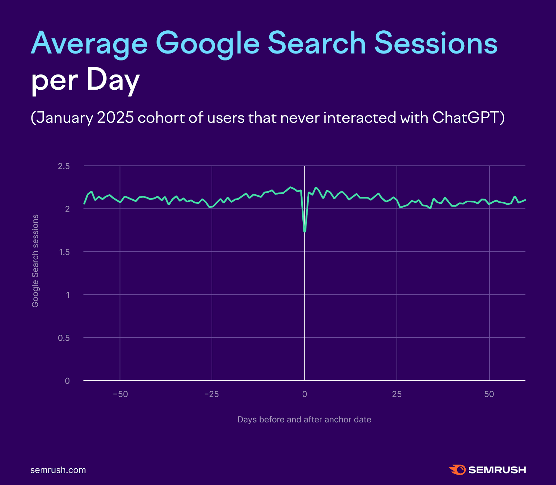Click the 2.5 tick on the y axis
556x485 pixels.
(x=64, y=166)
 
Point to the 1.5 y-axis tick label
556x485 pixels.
(x=64, y=252)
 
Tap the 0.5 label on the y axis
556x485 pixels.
(x=64, y=338)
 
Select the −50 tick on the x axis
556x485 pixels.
(x=120, y=394)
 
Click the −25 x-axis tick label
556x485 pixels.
(x=212, y=394)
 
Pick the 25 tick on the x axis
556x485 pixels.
(x=397, y=394)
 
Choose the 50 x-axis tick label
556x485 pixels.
(x=489, y=394)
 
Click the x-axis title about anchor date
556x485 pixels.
(x=304, y=420)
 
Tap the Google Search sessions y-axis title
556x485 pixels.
(x=35, y=261)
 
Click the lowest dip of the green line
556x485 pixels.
(x=305, y=231)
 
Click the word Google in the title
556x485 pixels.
(x=207, y=44)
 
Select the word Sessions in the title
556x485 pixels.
(x=436, y=44)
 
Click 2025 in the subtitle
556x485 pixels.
(x=115, y=118)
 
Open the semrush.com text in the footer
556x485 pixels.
(x=58, y=470)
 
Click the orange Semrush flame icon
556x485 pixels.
(x=457, y=470)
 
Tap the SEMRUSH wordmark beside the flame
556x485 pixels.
(x=497, y=470)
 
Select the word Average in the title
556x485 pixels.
(x=89, y=44)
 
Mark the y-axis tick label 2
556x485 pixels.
(x=67, y=209)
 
